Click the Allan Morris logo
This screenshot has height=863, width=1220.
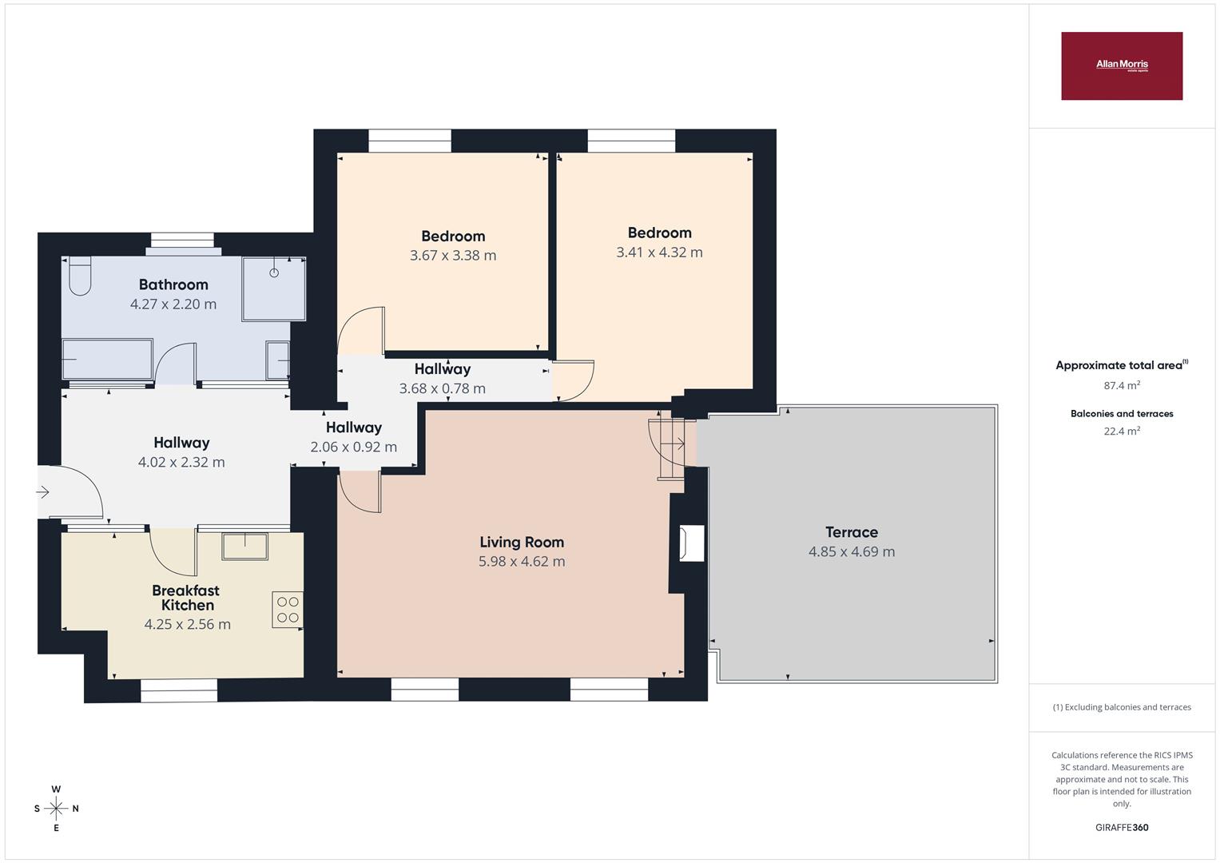tap(1122, 66)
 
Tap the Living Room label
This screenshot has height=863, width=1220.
tap(522, 542)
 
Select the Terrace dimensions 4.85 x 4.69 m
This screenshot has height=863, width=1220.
tap(852, 551)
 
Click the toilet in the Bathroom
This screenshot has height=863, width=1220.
tap(80, 276)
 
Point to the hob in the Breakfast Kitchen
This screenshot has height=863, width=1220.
tap(288, 610)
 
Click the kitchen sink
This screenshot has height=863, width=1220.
tap(245, 547)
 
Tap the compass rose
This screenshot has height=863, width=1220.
tap(56, 809)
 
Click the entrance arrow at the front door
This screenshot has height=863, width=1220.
tap(42, 492)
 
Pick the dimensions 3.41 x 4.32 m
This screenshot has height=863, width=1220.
tap(660, 253)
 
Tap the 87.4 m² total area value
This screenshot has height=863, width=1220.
tap(1122, 385)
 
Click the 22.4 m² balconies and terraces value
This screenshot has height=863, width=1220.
tap(1122, 431)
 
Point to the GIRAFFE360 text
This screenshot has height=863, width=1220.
tap(1122, 827)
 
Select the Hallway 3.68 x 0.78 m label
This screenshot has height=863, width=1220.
tap(443, 379)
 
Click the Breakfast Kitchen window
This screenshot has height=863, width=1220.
tap(179, 690)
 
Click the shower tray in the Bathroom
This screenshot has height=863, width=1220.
tap(274, 288)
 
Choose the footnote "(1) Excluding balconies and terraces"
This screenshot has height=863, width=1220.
tap(1122, 707)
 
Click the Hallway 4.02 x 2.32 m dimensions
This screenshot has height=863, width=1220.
tap(181, 462)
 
